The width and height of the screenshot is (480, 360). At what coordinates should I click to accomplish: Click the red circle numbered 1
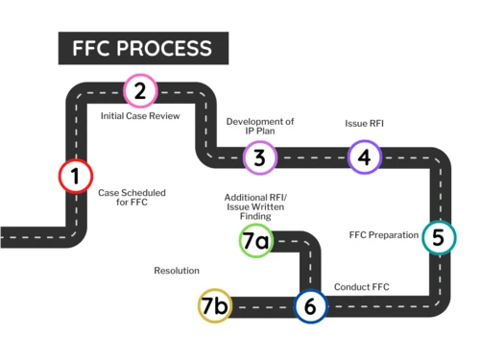click(74, 177)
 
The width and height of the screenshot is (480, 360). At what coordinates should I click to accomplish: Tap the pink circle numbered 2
click(140, 91)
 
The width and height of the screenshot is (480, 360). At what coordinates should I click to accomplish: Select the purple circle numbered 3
click(259, 157)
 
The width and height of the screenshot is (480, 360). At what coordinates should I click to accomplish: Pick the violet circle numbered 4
click(364, 156)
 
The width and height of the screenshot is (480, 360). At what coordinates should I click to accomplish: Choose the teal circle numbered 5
click(438, 237)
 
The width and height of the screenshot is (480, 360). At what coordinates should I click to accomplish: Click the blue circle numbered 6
click(309, 306)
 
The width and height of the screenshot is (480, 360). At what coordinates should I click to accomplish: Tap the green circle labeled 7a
click(255, 241)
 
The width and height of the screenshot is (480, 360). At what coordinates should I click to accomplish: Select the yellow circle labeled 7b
click(215, 306)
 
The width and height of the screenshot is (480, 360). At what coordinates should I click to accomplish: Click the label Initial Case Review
click(140, 115)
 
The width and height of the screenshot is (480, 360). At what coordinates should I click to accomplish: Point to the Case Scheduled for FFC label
click(132, 198)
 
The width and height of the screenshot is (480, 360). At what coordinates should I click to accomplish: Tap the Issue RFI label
click(364, 124)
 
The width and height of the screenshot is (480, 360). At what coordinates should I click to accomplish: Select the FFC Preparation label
click(383, 235)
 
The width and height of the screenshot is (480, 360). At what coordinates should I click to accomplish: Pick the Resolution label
click(177, 271)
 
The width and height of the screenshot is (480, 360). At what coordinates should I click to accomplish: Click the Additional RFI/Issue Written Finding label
click(255, 205)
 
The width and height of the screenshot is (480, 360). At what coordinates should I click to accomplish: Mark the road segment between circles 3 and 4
click(312, 157)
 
